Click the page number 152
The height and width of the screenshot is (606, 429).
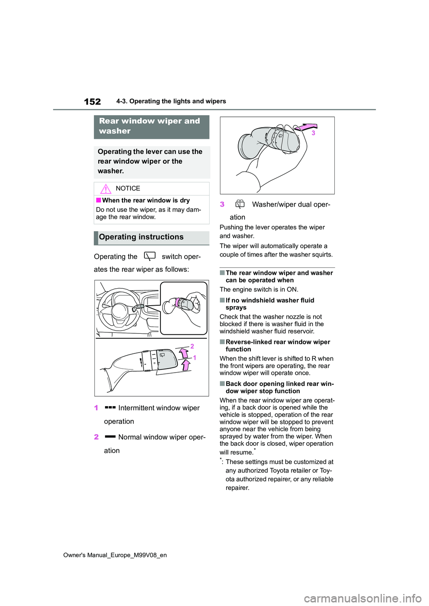(93, 102)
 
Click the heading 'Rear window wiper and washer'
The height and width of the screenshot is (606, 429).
(150, 126)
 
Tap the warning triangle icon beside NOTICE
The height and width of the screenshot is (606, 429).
(105, 189)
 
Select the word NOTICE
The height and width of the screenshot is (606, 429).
(128, 188)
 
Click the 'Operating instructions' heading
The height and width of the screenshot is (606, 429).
(141, 237)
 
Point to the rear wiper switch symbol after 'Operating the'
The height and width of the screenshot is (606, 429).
(150, 256)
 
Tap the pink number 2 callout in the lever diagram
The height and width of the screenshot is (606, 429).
(192, 346)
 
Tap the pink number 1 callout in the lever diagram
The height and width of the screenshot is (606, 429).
(194, 357)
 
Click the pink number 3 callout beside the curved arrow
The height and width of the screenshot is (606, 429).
(313, 133)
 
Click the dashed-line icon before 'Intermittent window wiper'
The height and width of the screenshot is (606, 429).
(110, 407)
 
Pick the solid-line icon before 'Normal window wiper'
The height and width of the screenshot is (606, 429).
(110, 436)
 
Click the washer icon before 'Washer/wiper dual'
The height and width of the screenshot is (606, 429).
(240, 204)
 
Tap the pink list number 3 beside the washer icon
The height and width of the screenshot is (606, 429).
(222, 204)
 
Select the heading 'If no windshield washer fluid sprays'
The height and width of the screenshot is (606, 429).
(269, 304)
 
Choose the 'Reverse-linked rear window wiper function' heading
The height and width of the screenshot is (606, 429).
(278, 345)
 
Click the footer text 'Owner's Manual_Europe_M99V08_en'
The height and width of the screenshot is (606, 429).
(115, 555)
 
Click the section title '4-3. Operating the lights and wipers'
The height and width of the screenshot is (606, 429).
(171, 101)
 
